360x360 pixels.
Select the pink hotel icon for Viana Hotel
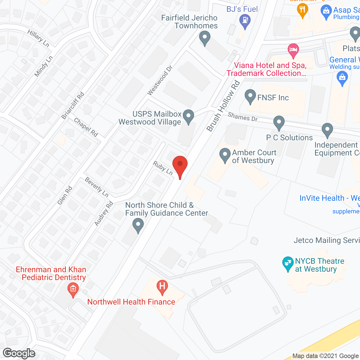click(x=293, y=50)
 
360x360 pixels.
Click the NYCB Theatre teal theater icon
click(x=288, y=263)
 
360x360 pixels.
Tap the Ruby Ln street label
click(x=163, y=168)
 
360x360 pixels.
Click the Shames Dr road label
click(x=242, y=117)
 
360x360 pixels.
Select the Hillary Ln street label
click(x=38, y=38)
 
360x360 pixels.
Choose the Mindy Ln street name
click(x=44, y=66)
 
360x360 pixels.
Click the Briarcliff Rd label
click(x=73, y=106)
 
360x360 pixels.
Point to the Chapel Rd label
click(x=86, y=127)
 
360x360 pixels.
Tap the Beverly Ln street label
click(x=96, y=187)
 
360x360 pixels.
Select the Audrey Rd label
click(x=103, y=213)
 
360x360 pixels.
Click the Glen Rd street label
click(x=65, y=195)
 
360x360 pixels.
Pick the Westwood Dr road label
click(x=160, y=80)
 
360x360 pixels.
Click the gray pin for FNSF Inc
click(x=250, y=96)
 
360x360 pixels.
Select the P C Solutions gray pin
click(x=279, y=123)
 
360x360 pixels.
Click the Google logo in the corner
click(x=19, y=353)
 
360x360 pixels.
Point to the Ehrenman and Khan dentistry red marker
click(x=73, y=289)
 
